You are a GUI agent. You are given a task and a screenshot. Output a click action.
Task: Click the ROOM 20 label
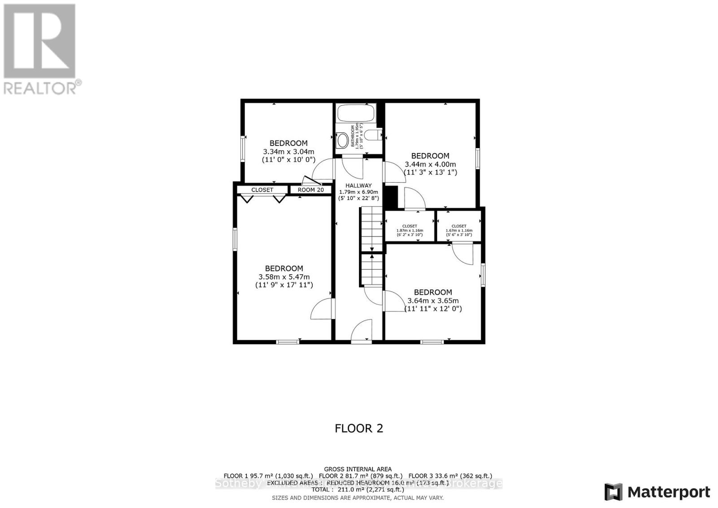coord(311,190)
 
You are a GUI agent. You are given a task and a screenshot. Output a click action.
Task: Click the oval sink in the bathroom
coord(343,140)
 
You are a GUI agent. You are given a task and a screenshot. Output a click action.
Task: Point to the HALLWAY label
coord(359,185)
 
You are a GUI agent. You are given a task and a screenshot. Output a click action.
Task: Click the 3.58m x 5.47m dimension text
coord(284,277)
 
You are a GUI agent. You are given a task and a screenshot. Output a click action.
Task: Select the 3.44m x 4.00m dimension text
coord(430,164)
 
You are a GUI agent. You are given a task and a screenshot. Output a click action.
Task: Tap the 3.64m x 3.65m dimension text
coord(433,301)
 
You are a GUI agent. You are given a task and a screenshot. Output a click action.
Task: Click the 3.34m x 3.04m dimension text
coord(289,152)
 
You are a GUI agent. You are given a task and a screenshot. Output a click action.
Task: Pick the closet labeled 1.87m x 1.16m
coord(410,230)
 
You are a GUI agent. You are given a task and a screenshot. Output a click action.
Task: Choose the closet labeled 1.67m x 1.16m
coord(459,230)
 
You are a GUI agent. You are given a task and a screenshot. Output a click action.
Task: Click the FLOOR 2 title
coord(359,428)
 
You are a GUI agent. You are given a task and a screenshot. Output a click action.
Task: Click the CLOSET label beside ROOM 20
coord(262,190)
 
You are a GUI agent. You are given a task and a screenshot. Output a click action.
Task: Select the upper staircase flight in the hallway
coord(372,229)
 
